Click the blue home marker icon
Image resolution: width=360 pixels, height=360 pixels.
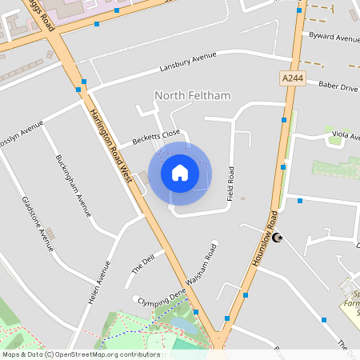point(180,172)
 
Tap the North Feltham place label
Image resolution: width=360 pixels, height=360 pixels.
point(192,96)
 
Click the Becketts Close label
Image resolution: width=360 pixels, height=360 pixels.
point(156,138)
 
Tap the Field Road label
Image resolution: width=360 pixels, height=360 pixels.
point(231,183)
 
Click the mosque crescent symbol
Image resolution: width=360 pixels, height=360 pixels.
point(278,238)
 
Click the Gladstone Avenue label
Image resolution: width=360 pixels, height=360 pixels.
point(38,223)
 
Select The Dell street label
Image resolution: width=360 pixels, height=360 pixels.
point(142,265)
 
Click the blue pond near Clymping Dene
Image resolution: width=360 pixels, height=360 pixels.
point(190,326)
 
